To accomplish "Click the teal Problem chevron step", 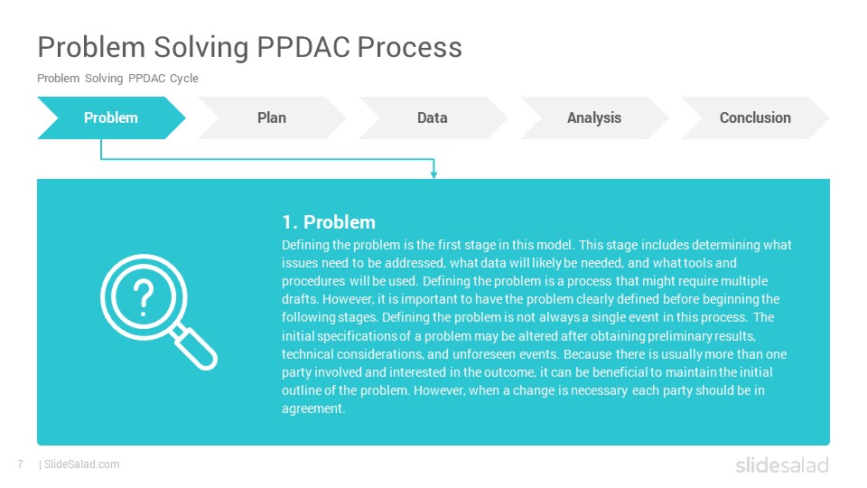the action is coord(111,117).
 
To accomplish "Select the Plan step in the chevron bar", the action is coord(272,117).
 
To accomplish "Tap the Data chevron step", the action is coord(433,117).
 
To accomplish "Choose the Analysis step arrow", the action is coord(594,117).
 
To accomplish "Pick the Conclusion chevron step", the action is coord(755,117).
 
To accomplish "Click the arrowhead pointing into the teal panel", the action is coord(434,174).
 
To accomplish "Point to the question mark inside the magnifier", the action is coord(144,297).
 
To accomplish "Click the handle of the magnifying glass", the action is coord(194,347).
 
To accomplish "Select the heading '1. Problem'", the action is coord(329,222).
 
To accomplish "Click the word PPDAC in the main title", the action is coord(303,47).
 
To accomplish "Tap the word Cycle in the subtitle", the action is coord(183,79).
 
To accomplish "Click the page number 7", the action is coord(21,465).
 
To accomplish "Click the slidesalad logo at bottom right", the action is coord(782,465).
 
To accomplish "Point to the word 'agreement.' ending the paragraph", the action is coord(313,408).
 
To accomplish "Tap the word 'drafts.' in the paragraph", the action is coord(300,299).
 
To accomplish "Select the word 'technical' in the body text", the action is coord(307,354).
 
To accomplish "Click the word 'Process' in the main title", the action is coord(410,47).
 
